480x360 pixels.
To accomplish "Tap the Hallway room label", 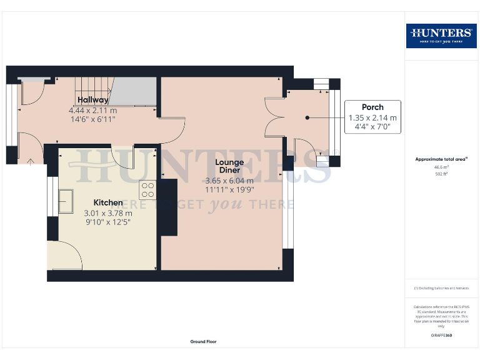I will click(92, 100).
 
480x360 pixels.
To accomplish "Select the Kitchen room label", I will click(108, 202).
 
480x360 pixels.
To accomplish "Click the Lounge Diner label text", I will click(229, 166).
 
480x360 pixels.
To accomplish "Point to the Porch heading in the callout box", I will click(372, 107).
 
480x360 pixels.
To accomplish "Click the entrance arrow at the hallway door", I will click(31, 161).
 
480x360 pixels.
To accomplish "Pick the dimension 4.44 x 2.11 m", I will click(92, 110).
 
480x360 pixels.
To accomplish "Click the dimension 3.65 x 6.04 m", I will click(229, 181).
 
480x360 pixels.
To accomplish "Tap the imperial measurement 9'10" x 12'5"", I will click(108, 222).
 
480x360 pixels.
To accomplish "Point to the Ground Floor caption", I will click(203, 342).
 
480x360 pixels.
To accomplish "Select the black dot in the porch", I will click(307, 117).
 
